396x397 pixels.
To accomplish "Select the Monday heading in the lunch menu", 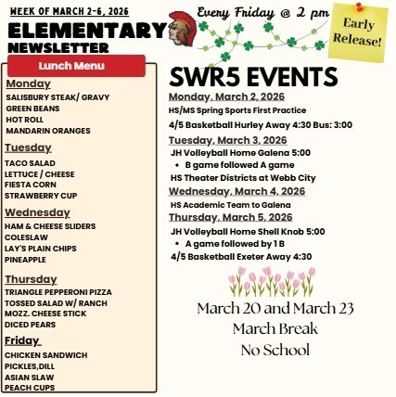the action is [28, 83].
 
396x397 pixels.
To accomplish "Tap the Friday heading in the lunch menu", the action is [22, 340].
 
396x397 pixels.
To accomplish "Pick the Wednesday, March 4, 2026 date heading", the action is [237, 190].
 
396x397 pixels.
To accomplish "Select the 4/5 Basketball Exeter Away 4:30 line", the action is [241, 256].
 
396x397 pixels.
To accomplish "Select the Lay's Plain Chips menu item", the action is [40, 249].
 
